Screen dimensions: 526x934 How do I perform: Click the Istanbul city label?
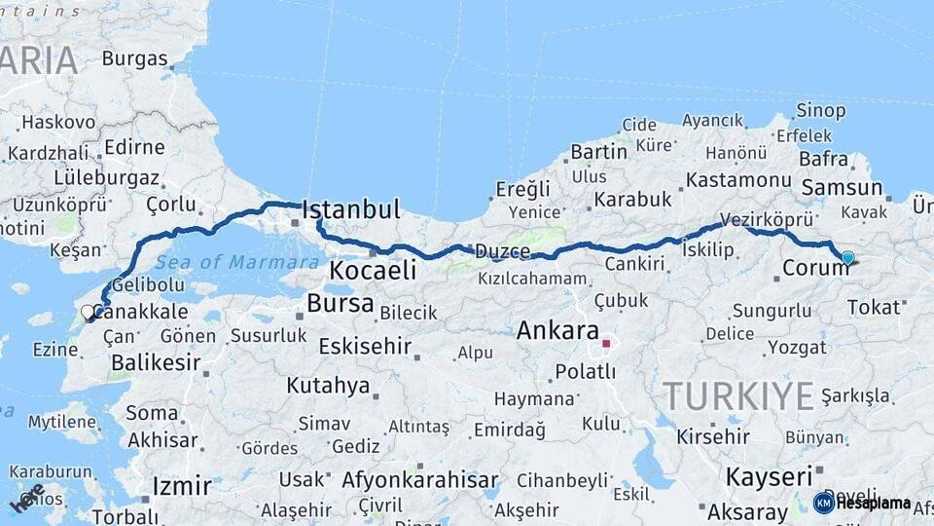pos(351,209)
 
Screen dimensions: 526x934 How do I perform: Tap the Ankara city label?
pos(557,329)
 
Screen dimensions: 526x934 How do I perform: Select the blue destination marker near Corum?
pos(847,258)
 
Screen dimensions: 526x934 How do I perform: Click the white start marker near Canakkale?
pos(88,313)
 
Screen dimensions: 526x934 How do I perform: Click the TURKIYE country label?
pos(738,396)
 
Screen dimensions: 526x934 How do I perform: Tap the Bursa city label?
pos(340,303)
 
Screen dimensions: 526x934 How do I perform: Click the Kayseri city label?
pos(769,477)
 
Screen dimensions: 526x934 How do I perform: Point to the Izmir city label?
pos(182,485)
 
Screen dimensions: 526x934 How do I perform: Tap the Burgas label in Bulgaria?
pos(134,57)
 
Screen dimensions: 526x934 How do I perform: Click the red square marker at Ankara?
pos(606,343)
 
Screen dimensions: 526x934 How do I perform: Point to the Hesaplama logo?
pos(861,503)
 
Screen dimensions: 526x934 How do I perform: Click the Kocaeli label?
pos(372,270)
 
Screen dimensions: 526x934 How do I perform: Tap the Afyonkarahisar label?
pos(419,480)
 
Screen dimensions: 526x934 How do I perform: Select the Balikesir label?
pos(156,362)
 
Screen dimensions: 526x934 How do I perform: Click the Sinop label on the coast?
pos(820,109)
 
